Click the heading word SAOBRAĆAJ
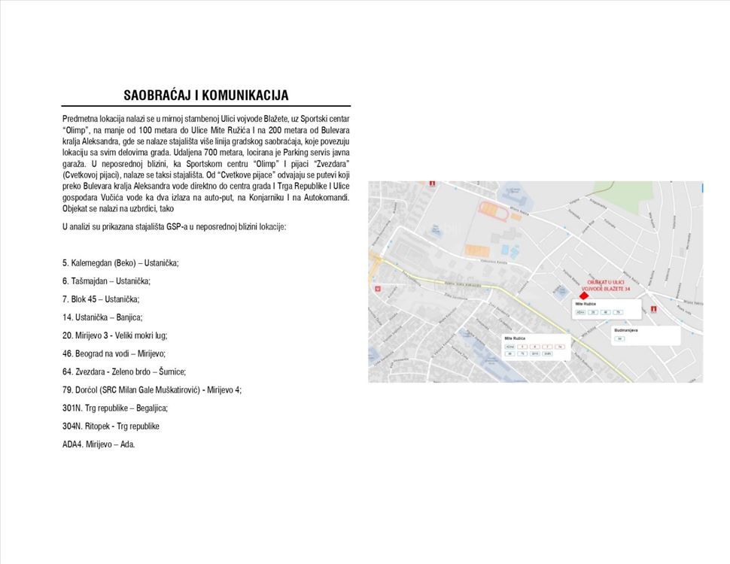click(x=160, y=96)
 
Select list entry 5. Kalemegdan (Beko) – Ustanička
click(x=120, y=263)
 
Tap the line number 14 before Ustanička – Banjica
click(x=67, y=317)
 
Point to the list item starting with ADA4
click(x=99, y=444)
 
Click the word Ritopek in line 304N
click(x=99, y=426)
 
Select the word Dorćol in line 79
click(x=88, y=390)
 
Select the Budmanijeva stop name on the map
click(x=626, y=330)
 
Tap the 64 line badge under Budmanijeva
click(x=619, y=339)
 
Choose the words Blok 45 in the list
click(x=88, y=299)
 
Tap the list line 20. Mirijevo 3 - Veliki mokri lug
click(x=115, y=335)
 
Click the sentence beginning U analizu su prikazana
click(x=174, y=226)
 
